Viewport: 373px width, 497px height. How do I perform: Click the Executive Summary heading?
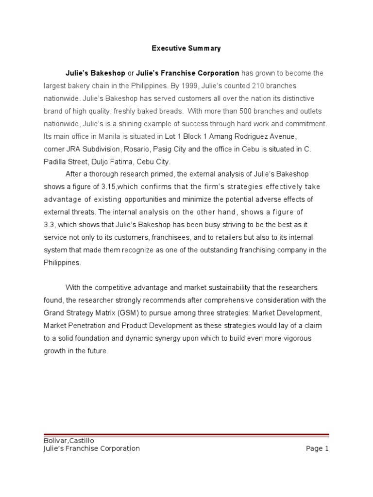pyautogui.click(x=186, y=48)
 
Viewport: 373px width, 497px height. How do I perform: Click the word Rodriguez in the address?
pyautogui.click(x=249, y=136)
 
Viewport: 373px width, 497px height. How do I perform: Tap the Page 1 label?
pyautogui.click(x=318, y=448)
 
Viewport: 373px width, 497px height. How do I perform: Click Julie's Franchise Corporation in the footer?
pyautogui.click(x=92, y=448)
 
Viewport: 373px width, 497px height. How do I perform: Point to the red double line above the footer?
pyautogui.click(x=186, y=435)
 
